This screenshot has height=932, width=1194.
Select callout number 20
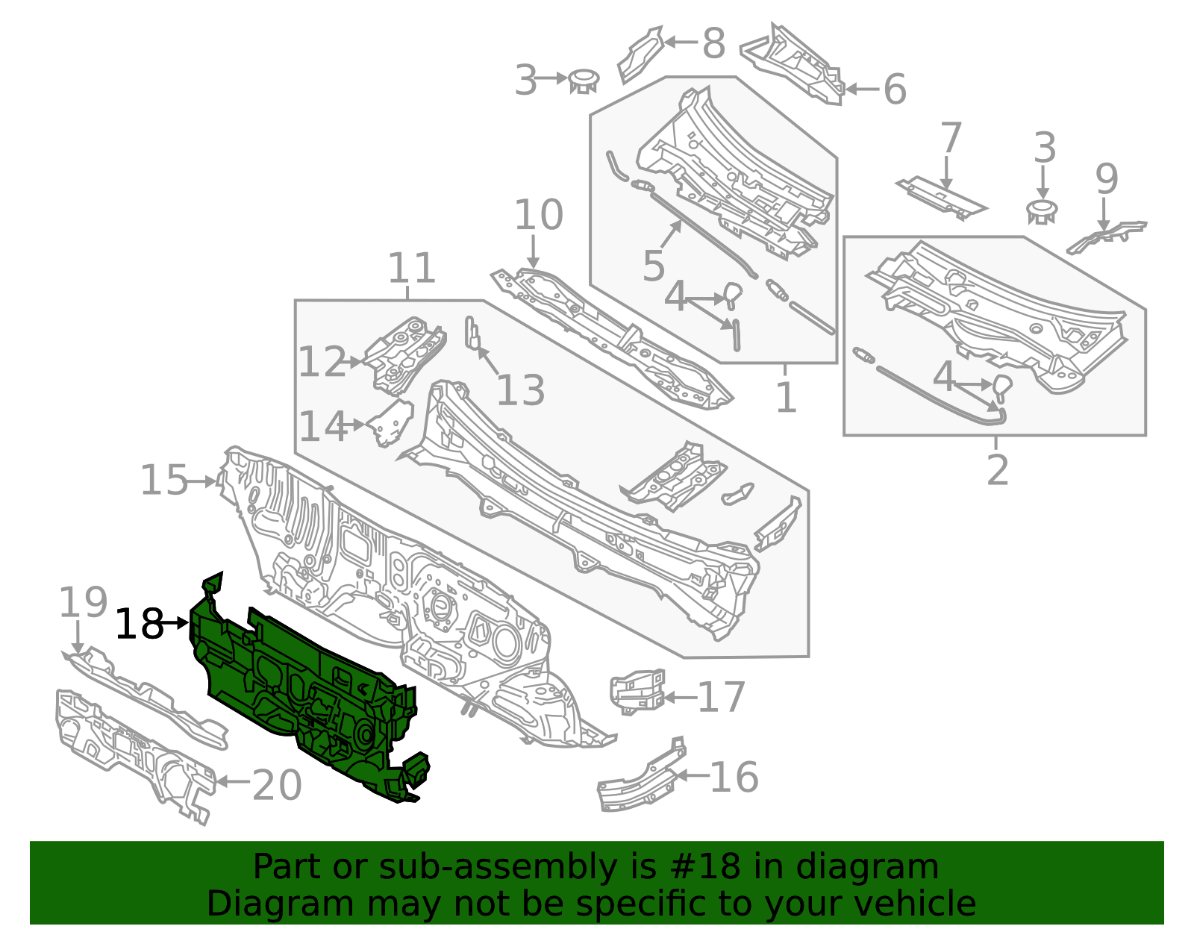pyautogui.click(x=277, y=785)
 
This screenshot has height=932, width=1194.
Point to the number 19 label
pyautogui.click(x=83, y=602)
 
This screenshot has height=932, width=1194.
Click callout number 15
pyautogui.click(x=164, y=480)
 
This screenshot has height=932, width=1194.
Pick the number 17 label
pyautogui.click(x=722, y=698)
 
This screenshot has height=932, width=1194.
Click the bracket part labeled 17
pyautogui.click(x=637, y=691)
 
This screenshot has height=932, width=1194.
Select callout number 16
pyautogui.click(x=734, y=778)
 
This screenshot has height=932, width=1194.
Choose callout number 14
pyautogui.click(x=323, y=427)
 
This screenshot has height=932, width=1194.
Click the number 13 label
pyautogui.click(x=520, y=390)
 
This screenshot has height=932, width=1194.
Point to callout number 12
pyautogui.click(x=323, y=362)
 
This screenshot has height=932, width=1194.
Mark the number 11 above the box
pyautogui.click(x=411, y=268)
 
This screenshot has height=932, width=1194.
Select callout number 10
pyautogui.click(x=539, y=215)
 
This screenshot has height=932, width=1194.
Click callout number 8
pyautogui.click(x=713, y=43)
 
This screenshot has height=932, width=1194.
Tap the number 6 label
pyautogui.click(x=895, y=89)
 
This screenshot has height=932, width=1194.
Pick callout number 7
pyautogui.click(x=951, y=138)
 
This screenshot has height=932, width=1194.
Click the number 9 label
pyautogui.click(x=1107, y=179)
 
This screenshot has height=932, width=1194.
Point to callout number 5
pyautogui.click(x=654, y=266)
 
